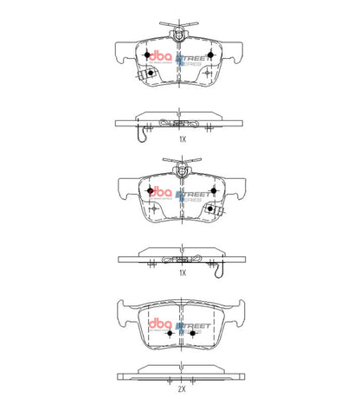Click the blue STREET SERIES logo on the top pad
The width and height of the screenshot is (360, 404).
click(x=192, y=60)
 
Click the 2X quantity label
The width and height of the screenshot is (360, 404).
click(x=183, y=378)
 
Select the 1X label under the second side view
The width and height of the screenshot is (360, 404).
click(x=183, y=272)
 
